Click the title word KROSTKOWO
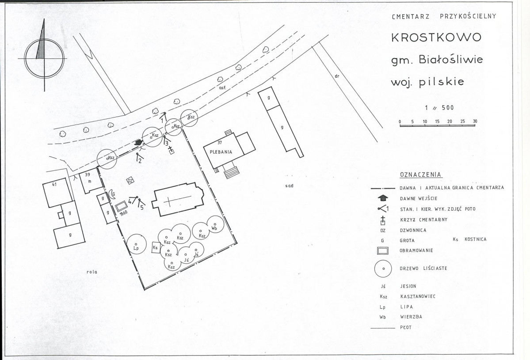[436, 37]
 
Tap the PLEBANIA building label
[221, 152]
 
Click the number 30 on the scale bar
[475, 121]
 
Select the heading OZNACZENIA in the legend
[421, 174]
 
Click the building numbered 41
[57, 193]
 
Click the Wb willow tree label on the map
[214, 228]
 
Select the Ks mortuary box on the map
[156, 247]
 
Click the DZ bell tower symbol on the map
[130, 181]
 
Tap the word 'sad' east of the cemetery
[289, 186]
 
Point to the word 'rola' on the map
[92, 272]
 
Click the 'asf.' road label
[222, 87]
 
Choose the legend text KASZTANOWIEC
[418, 296]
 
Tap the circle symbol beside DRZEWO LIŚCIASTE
[383, 269]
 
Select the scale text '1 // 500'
[439, 108]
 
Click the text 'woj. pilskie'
[427, 82]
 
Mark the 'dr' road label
[337, 76]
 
